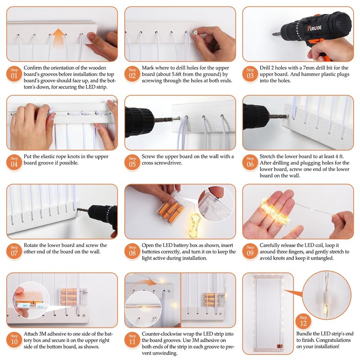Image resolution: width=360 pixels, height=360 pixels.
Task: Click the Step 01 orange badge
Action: pyautogui.click(x=14, y=74)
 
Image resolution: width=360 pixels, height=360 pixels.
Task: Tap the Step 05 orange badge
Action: pyautogui.click(x=132, y=162)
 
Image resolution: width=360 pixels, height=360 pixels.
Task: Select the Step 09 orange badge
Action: pyautogui.click(x=250, y=251)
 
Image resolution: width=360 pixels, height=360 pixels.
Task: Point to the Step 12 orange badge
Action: pyautogui.click(x=303, y=321)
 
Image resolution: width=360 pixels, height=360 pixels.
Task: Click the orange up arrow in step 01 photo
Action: pyautogui.click(x=58, y=36)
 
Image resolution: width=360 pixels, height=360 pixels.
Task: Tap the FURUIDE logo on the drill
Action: pyautogui.click(x=315, y=28)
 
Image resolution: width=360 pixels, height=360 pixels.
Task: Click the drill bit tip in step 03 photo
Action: pyautogui.click(x=273, y=35)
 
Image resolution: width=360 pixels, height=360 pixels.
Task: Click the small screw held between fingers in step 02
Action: pyautogui.click(x=195, y=32)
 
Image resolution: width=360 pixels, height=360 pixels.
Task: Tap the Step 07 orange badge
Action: pyautogui.click(x=14, y=251)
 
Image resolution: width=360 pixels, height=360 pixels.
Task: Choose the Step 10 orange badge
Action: pyautogui.click(x=14, y=340)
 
